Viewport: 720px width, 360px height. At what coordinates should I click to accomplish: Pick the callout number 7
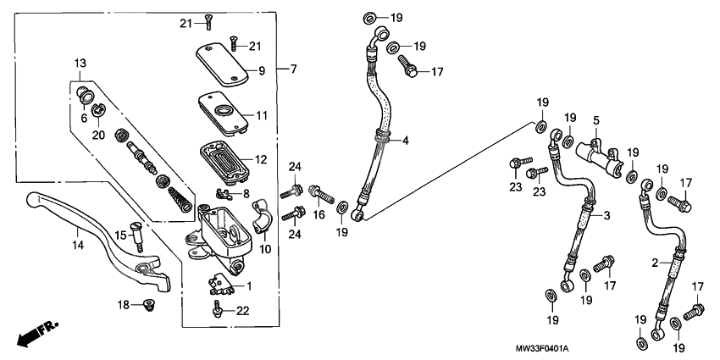coord(294,69)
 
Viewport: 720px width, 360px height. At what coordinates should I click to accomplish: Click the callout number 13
coord(80,64)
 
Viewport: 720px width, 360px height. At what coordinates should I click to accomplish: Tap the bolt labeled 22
coord(218,312)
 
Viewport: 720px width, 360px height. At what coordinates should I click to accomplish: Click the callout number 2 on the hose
coord(655,264)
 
